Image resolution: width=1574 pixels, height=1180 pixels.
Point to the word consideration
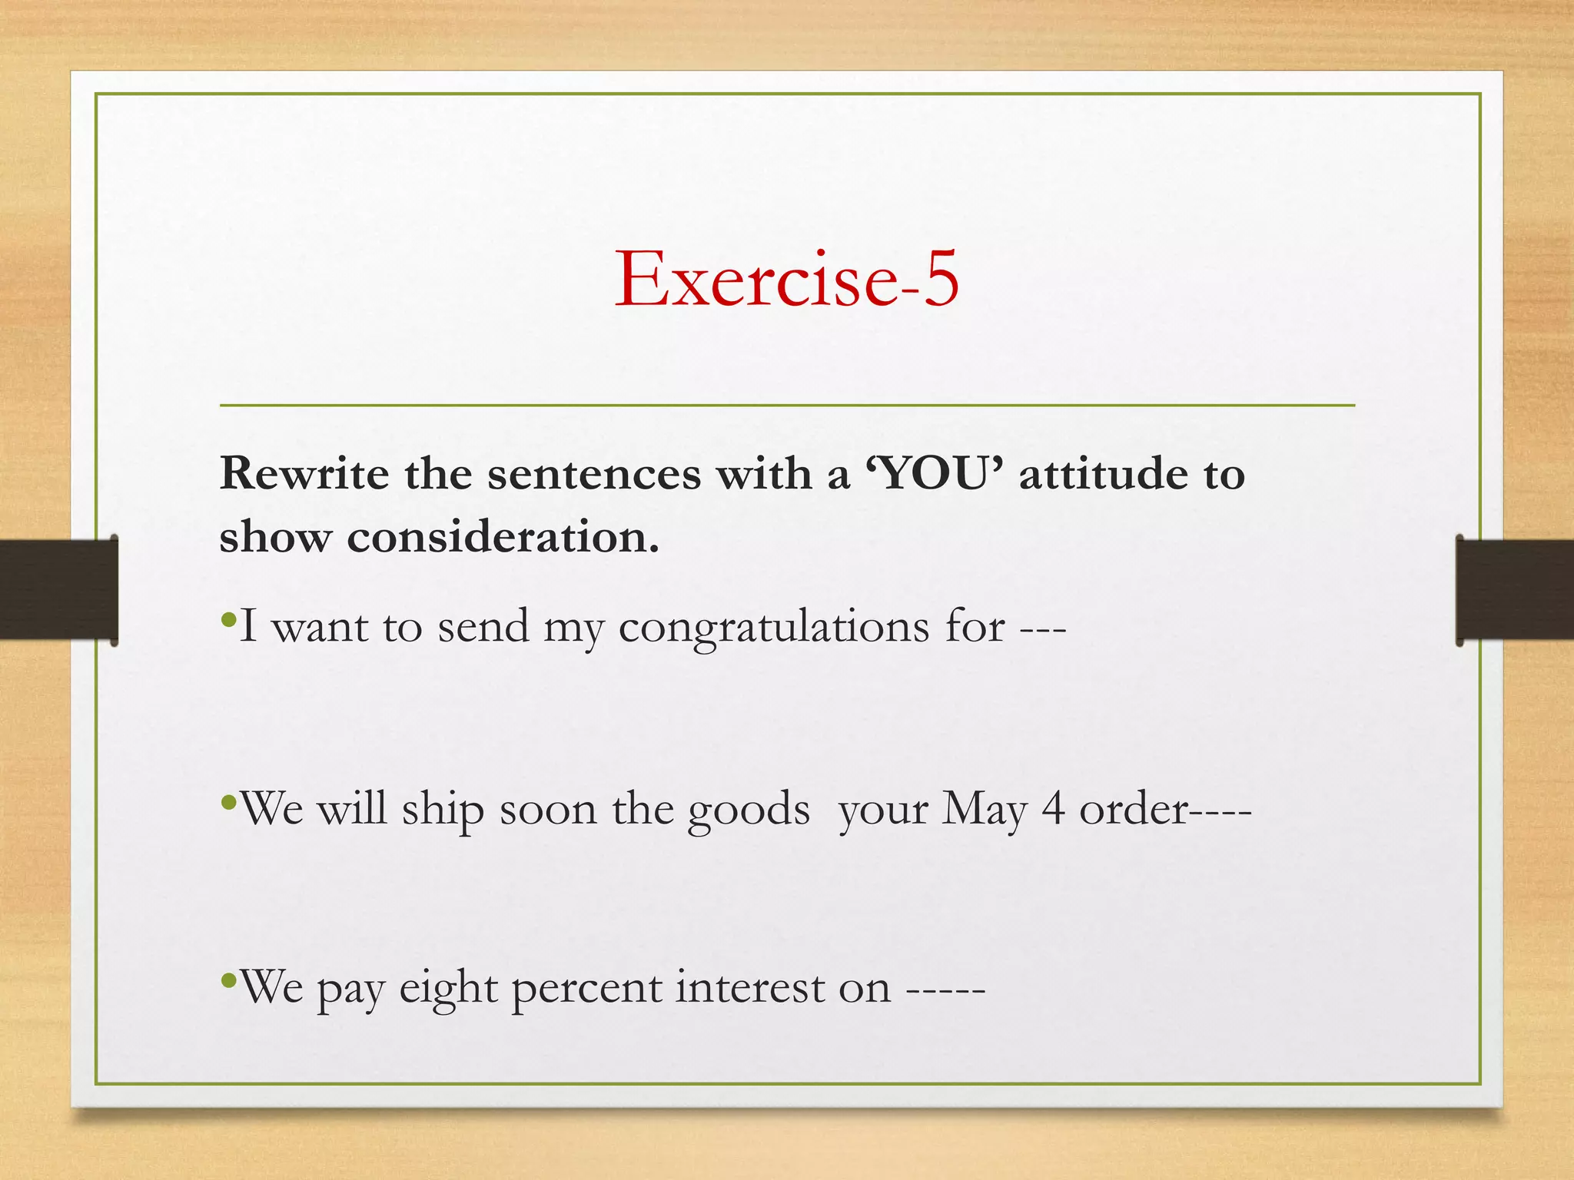click(503, 537)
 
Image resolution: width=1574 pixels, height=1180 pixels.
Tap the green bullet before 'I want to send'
click(227, 618)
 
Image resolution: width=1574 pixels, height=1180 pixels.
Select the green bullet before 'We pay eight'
click(227, 980)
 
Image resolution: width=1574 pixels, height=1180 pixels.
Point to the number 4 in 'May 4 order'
click(1053, 808)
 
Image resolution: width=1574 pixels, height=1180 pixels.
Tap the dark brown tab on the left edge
click(58, 590)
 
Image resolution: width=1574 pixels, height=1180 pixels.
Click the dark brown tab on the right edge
click(1514, 590)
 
